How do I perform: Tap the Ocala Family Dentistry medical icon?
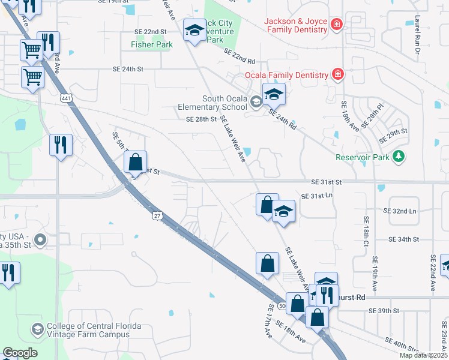pyautogui.click(x=338, y=75)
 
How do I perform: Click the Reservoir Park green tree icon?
pyautogui.click(x=398, y=157)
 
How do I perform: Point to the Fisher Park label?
pyautogui.click(x=152, y=44)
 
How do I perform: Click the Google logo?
pyautogui.click(x=20, y=353)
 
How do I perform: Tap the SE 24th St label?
pyautogui.click(x=128, y=70)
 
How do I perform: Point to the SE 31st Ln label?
pyautogui.click(x=317, y=196)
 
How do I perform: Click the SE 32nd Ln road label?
pyautogui.click(x=399, y=211)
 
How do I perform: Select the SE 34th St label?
pyautogui.click(x=403, y=239)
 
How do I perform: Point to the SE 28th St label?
pyautogui.click(x=201, y=119)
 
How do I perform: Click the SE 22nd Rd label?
pyautogui.click(x=240, y=57)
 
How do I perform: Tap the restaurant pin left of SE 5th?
pyautogui.click(x=61, y=145)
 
